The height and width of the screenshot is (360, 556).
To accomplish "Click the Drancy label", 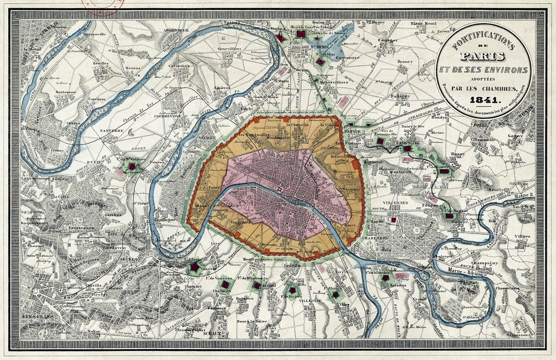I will pos(405,62).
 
